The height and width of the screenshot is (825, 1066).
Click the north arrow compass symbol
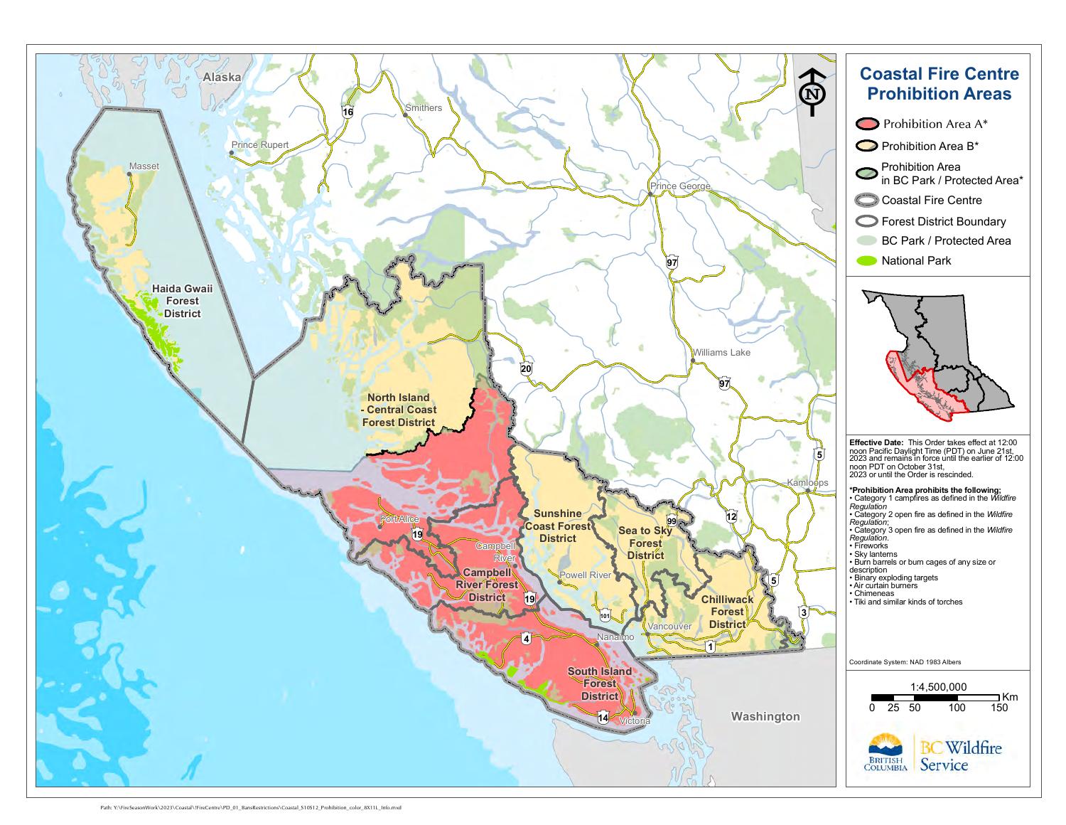pyautogui.click(x=812, y=92)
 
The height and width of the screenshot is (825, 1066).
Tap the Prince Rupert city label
pyautogui.click(x=259, y=145)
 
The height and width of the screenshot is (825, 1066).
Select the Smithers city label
pyautogui.click(x=423, y=108)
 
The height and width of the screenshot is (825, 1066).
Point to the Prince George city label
pyautogui.click(x=679, y=186)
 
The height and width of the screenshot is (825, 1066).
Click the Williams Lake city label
pyautogui.click(x=721, y=353)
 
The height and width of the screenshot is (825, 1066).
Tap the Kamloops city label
pyautogui.click(x=807, y=483)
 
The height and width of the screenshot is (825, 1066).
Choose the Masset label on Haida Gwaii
pyautogui.click(x=144, y=166)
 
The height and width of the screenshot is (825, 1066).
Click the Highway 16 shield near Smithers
pyautogui.click(x=348, y=112)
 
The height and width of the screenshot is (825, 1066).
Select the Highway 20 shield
pyautogui.click(x=526, y=368)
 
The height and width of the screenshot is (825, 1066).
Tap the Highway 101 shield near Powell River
pyautogui.click(x=605, y=615)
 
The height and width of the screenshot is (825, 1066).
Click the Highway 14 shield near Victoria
pyautogui.click(x=603, y=717)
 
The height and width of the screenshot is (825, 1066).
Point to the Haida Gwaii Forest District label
pyautogui.click(x=182, y=301)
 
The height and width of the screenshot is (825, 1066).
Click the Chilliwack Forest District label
pyautogui.click(x=727, y=612)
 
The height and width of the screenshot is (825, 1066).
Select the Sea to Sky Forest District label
pyautogui.click(x=645, y=543)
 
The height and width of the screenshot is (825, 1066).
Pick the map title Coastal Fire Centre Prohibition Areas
pyautogui.click(x=939, y=84)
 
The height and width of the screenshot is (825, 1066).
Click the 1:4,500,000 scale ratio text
pyautogui.click(x=938, y=687)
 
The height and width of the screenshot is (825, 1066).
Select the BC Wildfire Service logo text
pyautogui.click(x=960, y=756)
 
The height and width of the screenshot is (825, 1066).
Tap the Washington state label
pyautogui.click(x=765, y=717)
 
